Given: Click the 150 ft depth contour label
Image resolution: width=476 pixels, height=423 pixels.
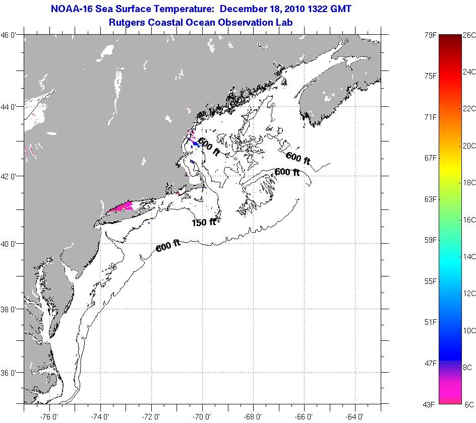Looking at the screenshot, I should [204, 222].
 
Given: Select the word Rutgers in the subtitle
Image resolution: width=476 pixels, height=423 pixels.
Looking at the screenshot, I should [128, 22].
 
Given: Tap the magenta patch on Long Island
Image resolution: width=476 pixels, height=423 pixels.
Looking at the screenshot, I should [122, 207].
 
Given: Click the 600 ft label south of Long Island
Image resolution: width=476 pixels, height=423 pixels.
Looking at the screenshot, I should [168, 245].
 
